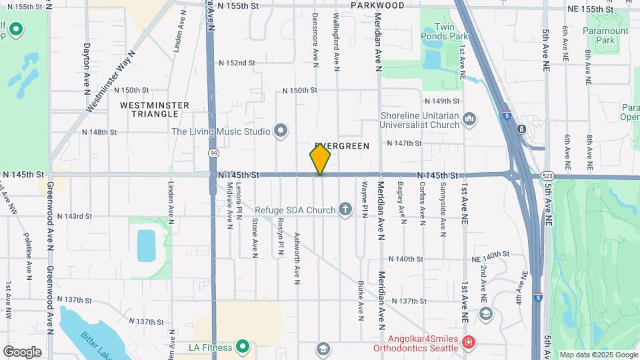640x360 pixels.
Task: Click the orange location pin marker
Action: click(320, 159)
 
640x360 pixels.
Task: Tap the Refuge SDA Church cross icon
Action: click(345, 210)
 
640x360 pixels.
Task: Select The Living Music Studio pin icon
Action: click(281, 131)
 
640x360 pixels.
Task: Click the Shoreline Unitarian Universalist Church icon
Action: click(469, 119)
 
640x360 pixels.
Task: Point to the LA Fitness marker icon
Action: click(243, 347)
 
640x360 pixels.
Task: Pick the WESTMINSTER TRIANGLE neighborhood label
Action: click(155, 110)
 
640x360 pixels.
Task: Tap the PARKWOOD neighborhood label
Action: click(378, 5)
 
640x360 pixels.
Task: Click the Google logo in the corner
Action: click(22, 351)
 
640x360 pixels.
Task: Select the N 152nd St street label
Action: click(237, 63)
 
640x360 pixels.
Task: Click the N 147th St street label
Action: click(405, 143)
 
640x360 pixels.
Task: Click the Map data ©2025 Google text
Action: click(597, 355)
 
